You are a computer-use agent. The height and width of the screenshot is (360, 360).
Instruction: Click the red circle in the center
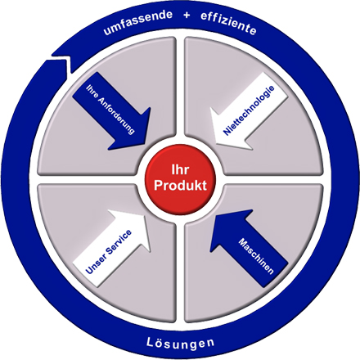[x=180, y=179]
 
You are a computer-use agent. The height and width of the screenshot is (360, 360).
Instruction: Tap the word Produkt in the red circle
[x=180, y=186]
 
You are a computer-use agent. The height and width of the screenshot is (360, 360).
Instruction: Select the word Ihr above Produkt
[x=180, y=169]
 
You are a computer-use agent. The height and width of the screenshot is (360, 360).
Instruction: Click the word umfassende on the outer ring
[x=138, y=23]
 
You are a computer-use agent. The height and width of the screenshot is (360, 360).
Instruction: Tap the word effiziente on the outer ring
[x=228, y=23]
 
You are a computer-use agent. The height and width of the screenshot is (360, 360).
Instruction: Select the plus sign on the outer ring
[x=187, y=16]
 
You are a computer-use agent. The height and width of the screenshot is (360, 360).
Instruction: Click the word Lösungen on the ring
[x=180, y=343]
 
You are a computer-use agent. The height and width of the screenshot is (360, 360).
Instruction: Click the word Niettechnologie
[x=249, y=110]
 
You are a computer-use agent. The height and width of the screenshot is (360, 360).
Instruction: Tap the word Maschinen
[x=256, y=256]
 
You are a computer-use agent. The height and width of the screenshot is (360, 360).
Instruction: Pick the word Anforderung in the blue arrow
[x=116, y=116]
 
